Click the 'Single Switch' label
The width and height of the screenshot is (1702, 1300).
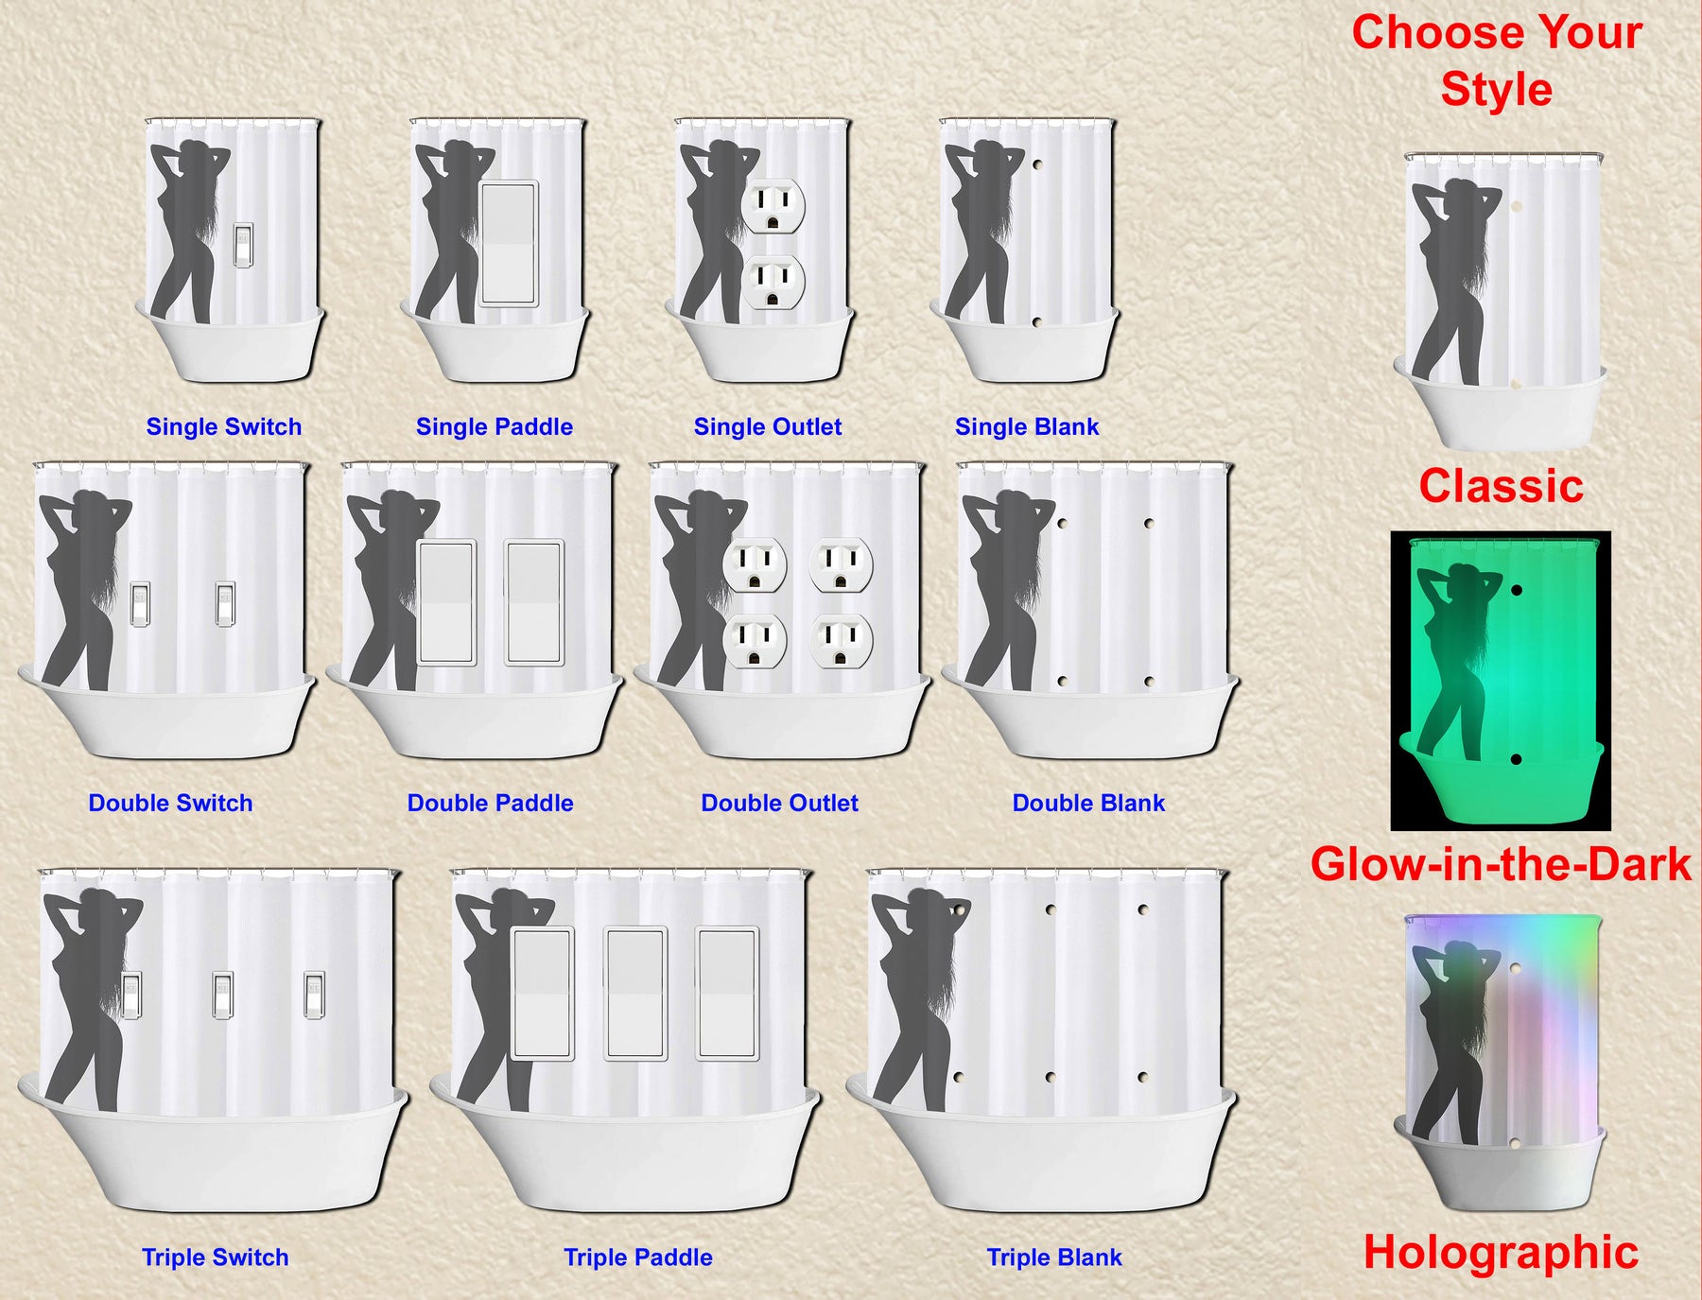tap(224, 426)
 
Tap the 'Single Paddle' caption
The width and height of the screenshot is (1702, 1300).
tap(495, 426)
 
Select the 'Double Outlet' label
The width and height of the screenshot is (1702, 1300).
tap(780, 803)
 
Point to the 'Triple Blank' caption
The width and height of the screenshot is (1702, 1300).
tap(1054, 1257)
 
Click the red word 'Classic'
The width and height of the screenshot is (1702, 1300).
tap(1502, 486)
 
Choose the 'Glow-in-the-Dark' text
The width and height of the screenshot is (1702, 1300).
tap(1502, 864)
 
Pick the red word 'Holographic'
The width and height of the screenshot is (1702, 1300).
tap(1502, 1253)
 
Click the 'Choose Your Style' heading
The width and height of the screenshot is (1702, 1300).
tap(1497, 61)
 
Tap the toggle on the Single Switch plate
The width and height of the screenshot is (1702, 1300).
tap(244, 246)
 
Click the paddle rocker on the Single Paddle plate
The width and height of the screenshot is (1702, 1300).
tap(509, 244)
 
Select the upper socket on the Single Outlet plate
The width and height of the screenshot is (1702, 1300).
tap(773, 205)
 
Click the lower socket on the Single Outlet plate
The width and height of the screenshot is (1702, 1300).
tap(773, 283)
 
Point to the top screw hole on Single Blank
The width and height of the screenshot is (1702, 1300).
tap(1037, 165)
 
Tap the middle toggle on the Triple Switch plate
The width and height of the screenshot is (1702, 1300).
tap(222, 995)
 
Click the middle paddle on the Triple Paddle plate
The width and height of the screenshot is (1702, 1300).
tap(635, 994)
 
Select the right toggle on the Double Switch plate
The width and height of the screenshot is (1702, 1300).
tap(225, 604)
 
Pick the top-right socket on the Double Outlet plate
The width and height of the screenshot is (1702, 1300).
tap(842, 564)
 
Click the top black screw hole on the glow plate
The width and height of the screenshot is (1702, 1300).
tap(1517, 590)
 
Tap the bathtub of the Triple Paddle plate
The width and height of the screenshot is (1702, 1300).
tap(626, 1150)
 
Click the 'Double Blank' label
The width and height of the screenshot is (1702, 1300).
tap(1088, 803)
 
